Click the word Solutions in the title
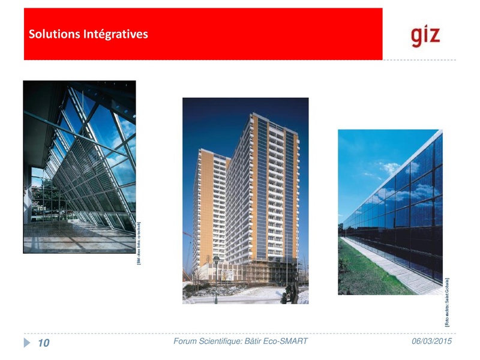click(x=50, y=34)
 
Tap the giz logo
click(x=425, y=35)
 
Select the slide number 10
click(x=43, y=343)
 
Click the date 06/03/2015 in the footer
click(x=431, y=341)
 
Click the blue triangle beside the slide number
click(x=27, y=343)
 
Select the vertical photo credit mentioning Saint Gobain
click(x=447, y=302)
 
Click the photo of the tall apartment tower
click(x=245, y=200)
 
